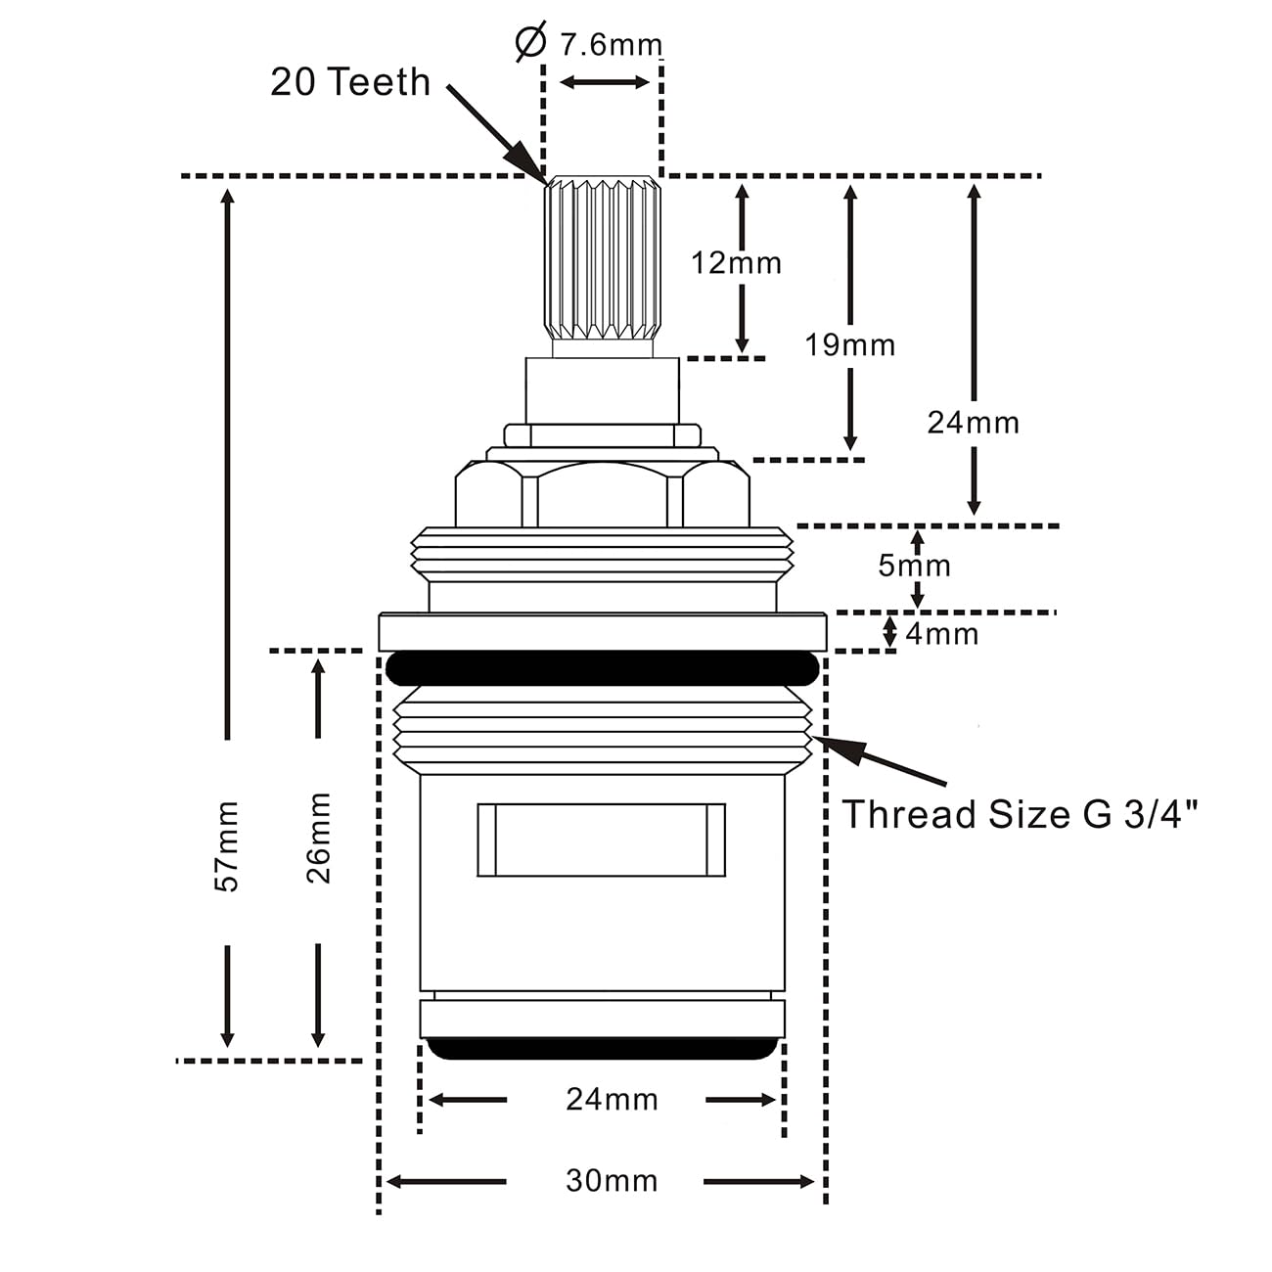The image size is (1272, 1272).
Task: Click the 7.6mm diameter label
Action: click(x=611, y=45)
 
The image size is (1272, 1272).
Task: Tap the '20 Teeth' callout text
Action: click(x=350, y=82)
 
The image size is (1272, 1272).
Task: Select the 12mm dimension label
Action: click(x=736, y=263)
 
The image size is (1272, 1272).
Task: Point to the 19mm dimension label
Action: click(x=849, y=344)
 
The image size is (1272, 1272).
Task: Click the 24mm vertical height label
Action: click(x=973, y=423)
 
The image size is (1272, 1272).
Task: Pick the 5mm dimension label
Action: click(x=914, y=565)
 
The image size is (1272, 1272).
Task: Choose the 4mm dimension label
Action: click(x=942, y=634)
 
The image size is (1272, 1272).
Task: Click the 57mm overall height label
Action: click(x=226, y=846)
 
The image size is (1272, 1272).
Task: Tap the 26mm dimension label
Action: click(x=318, y=838)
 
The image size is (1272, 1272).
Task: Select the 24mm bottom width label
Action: click(x=612, y=1100)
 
